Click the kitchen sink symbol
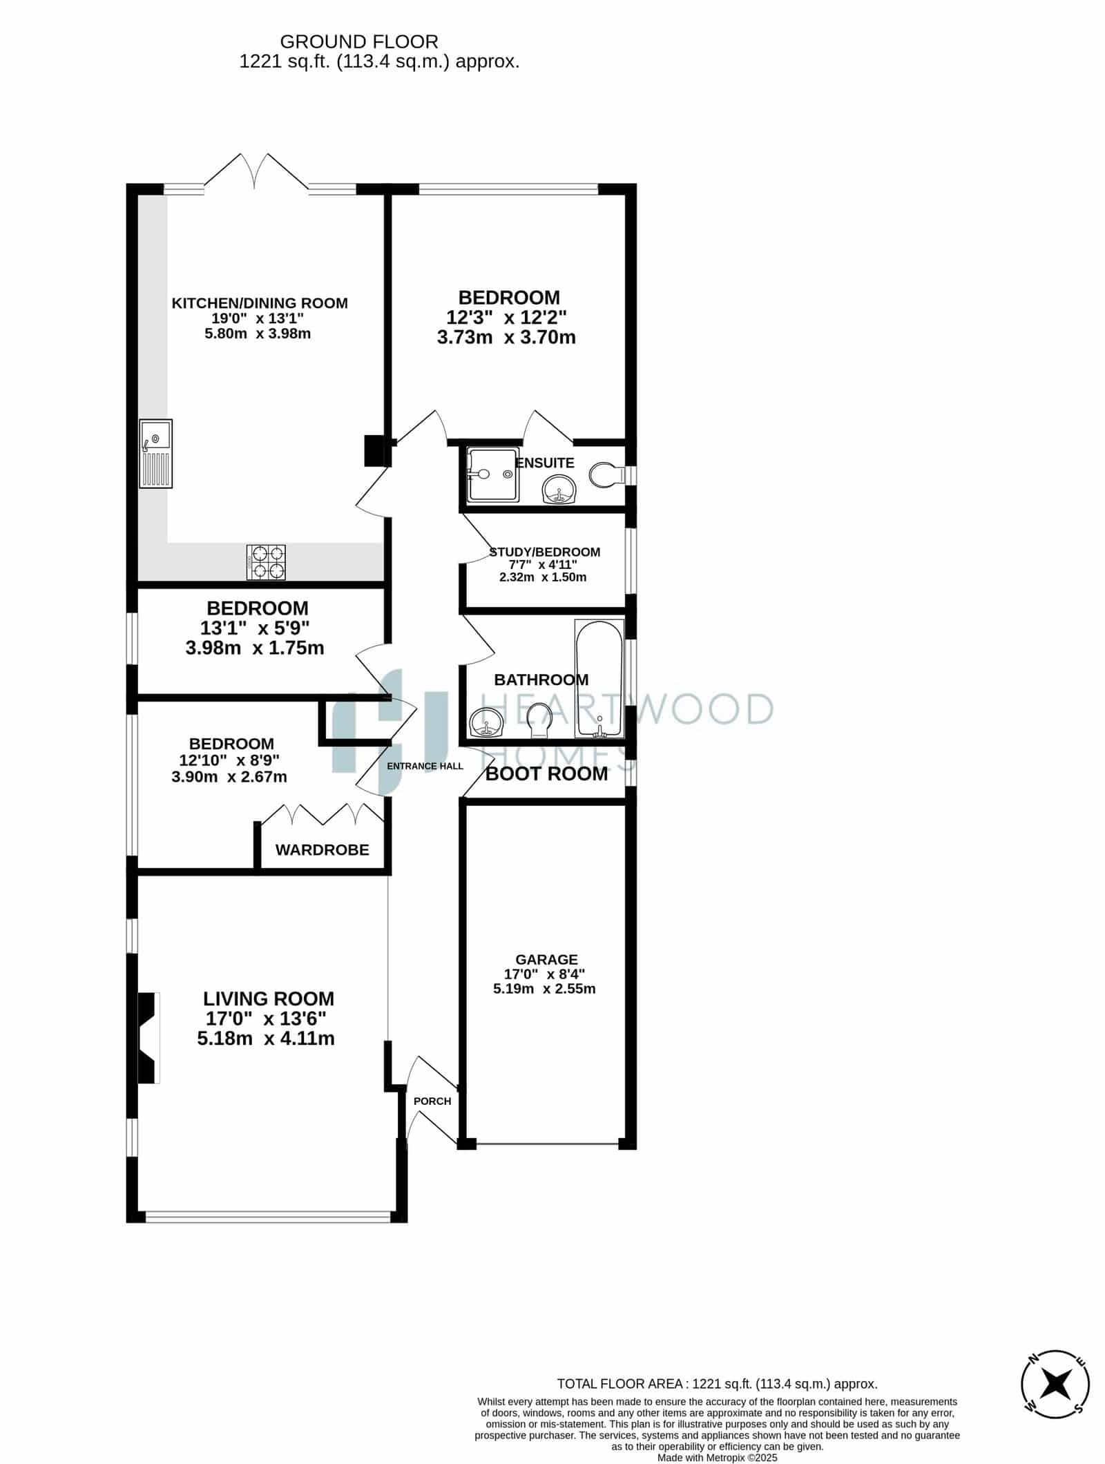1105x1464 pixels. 156,454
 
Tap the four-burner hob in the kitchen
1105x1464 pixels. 266,562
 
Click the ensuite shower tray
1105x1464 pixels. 492,474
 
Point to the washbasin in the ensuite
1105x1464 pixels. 559,490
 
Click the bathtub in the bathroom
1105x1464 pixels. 599,679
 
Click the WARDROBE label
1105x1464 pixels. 323,850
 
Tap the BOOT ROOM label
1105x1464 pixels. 546,774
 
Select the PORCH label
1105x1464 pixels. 432,1101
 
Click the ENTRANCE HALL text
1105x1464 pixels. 425,766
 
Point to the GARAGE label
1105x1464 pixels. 546,959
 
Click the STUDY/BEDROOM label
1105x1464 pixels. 544,552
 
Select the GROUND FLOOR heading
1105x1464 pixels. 359,43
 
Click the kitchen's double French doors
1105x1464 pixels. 256,171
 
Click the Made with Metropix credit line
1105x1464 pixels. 717,1458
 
